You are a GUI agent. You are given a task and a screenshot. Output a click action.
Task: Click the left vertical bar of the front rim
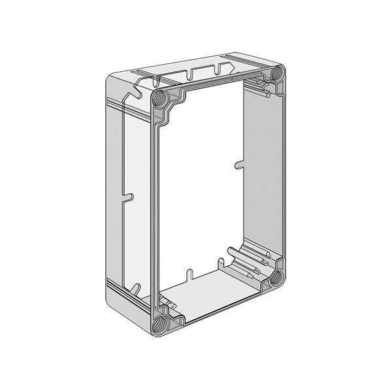click(155, 209)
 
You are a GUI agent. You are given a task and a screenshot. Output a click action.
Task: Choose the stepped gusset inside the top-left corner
click(175, 105)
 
